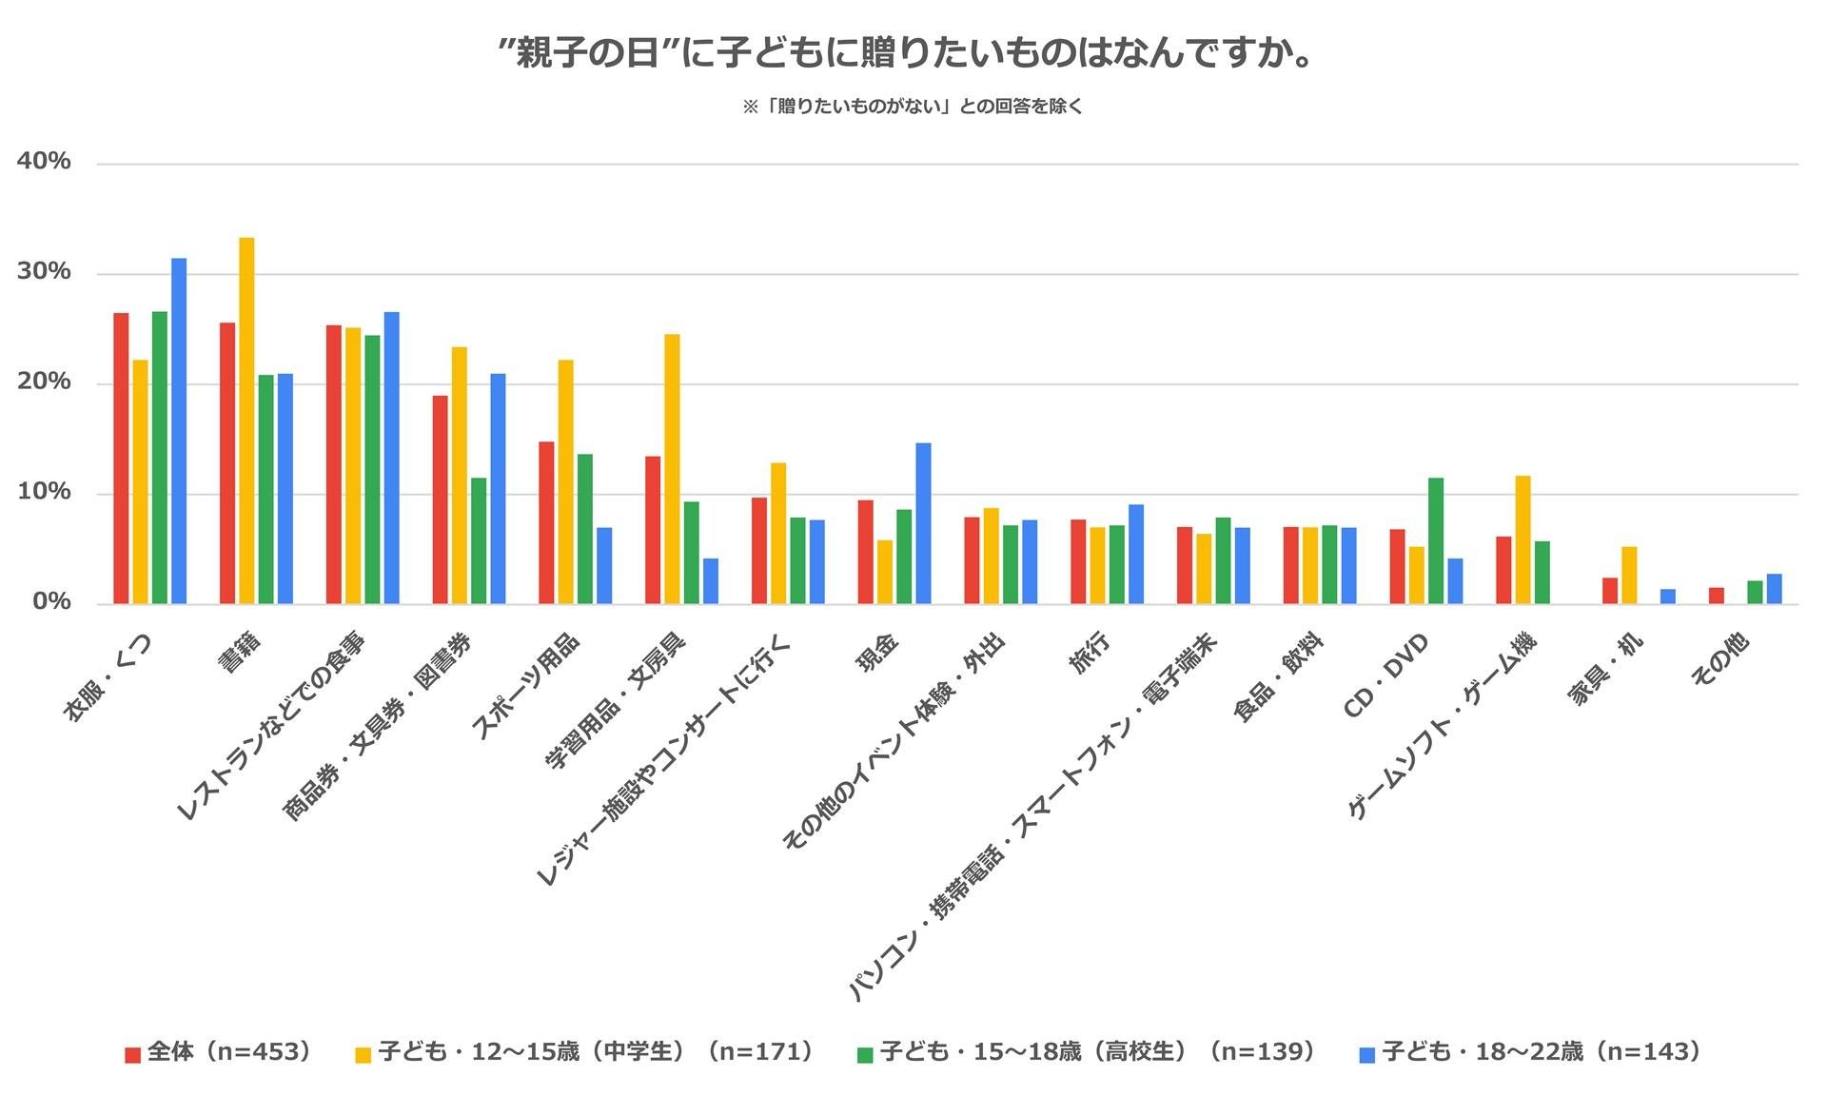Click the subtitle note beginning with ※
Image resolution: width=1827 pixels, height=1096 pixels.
click(x=913, y=107)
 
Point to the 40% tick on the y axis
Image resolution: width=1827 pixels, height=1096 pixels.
click(x=44, y=162)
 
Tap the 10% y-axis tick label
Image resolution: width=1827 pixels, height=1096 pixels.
click(x=44, y=492)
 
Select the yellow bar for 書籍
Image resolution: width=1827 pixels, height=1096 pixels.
click(x=246, y=421)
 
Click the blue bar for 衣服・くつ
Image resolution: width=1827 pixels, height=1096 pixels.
click(x=179, y=431)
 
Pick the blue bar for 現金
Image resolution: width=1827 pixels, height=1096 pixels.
click(x=923, y=523)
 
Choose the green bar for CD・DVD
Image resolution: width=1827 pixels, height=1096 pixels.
click(x=1436, y=540)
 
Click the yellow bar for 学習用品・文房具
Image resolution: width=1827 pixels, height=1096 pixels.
click(x=672, y=469)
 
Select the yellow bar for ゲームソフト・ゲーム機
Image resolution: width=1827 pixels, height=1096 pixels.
click(x=1522, y=539)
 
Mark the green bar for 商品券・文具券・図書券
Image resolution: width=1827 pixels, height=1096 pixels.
click(x=479, y=540)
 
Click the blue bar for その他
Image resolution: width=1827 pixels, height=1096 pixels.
click(x=1774, y=589)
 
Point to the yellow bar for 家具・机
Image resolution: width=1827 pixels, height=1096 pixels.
click(x=1629, y=576)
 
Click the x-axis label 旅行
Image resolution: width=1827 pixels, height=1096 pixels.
click(x=1091, y=656)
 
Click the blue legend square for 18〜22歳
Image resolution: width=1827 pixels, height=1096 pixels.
click(x=1367, y=1054)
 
